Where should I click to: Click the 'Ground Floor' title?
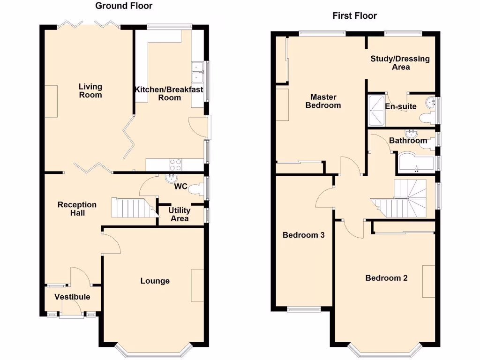click(124, 6)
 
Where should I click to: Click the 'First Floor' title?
click(354, 16)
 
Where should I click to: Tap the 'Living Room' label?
click(90, 91)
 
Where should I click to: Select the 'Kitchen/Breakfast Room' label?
click(169, 94)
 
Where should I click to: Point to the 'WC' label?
click(181, 187)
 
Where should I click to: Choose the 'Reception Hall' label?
click(77, 209)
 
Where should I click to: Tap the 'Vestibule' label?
click(72, 297)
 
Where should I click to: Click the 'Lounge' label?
click(155, 281)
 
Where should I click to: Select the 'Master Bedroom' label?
click(323, 101)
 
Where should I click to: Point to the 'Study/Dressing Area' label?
click(400, 63)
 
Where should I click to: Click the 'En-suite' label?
click(400, 106)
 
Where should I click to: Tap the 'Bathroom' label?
click(408, 141)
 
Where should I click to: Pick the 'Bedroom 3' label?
click(303, 235)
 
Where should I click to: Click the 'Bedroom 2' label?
click(386, 278)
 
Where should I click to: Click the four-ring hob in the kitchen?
click(175, 165)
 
